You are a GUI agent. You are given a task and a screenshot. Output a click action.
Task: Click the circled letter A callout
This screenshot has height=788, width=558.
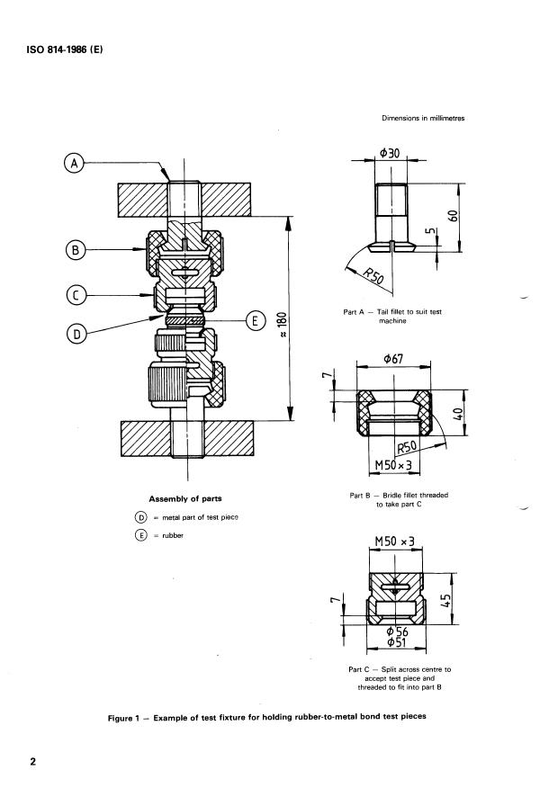coord(75,163)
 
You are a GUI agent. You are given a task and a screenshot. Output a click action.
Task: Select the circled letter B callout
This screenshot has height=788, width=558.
coord(76,250)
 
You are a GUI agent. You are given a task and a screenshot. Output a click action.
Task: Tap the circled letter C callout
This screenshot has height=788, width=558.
coord(76,295)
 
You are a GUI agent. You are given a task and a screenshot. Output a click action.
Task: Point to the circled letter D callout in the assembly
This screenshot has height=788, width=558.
coord(76,334)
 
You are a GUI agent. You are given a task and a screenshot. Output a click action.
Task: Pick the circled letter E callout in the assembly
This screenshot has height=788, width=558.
coord(255,320)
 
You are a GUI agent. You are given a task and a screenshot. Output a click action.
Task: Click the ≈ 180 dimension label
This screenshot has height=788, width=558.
coord(282,325)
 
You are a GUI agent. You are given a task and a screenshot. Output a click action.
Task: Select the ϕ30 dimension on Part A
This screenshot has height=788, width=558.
coord(390,152)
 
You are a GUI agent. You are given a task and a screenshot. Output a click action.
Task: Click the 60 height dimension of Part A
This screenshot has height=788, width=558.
coord(453,216)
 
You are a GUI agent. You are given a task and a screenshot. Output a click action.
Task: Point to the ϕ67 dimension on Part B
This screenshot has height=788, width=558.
coord(392,359)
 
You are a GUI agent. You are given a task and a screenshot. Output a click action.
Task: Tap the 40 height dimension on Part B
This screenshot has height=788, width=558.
coord(458,414)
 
